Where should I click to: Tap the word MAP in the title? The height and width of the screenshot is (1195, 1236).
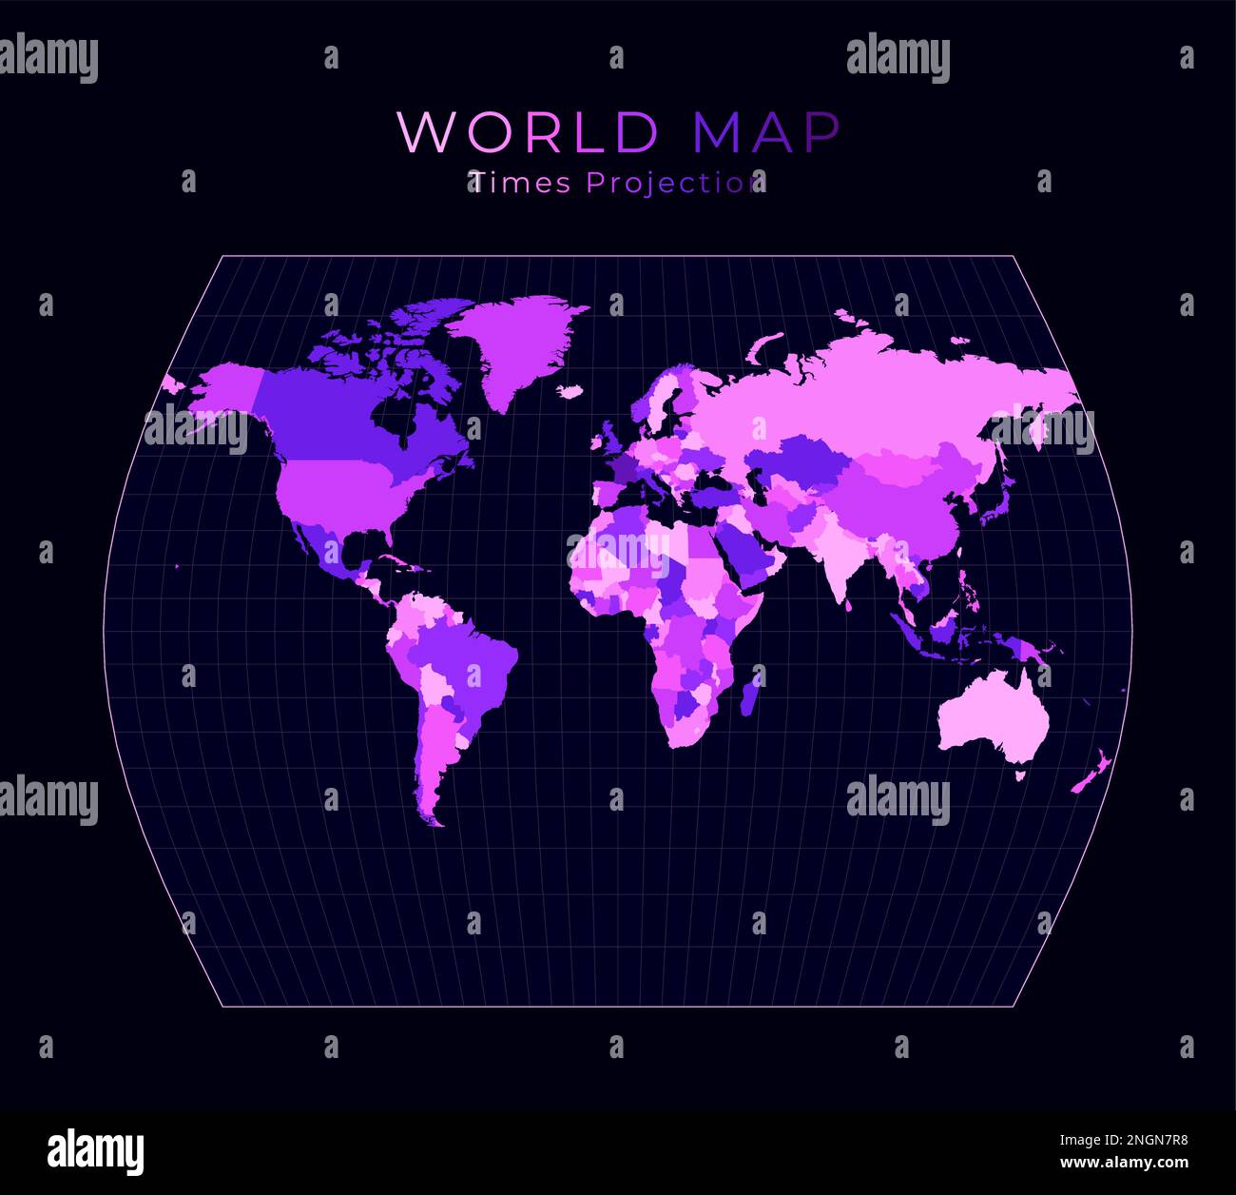pyautogui.click(x=766, y=132)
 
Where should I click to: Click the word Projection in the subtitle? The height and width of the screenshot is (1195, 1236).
pyautogui.click(x=675, y=183)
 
